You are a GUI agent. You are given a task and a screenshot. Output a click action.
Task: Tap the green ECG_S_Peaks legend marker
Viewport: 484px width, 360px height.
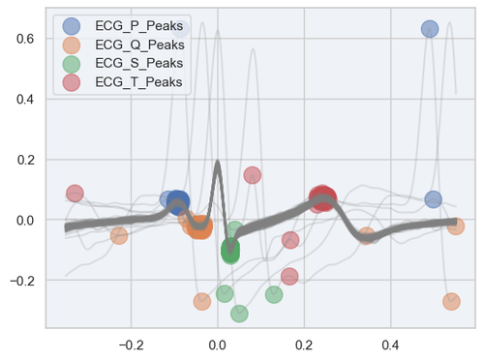coord(72,64)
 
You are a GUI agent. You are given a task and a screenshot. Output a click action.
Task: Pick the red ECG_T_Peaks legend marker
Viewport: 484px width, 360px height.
coord(72,83)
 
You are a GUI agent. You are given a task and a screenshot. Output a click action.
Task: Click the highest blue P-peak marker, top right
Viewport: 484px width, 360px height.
coord(430,29)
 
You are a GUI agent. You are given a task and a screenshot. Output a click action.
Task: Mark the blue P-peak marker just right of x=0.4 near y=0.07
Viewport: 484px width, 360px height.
coord(433,199)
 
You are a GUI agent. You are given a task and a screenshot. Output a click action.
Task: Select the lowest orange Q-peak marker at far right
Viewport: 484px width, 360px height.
coord(451,301)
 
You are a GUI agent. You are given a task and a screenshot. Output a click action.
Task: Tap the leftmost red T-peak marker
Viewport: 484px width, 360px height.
coord(75,194)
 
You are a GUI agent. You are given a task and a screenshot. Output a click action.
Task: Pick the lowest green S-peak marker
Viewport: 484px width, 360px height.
coord(239,313)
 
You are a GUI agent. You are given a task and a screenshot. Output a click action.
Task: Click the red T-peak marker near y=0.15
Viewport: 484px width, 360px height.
coord(253,175)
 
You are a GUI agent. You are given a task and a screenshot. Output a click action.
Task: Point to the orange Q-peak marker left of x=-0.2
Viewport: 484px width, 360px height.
coord(119,235)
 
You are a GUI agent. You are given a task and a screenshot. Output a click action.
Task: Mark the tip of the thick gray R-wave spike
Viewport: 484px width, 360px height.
coord(218,162)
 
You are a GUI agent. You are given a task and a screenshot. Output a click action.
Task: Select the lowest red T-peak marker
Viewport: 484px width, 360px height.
coord(289,276)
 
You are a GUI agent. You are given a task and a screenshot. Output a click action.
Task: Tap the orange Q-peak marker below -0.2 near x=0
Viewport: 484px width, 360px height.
coord(201,301)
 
